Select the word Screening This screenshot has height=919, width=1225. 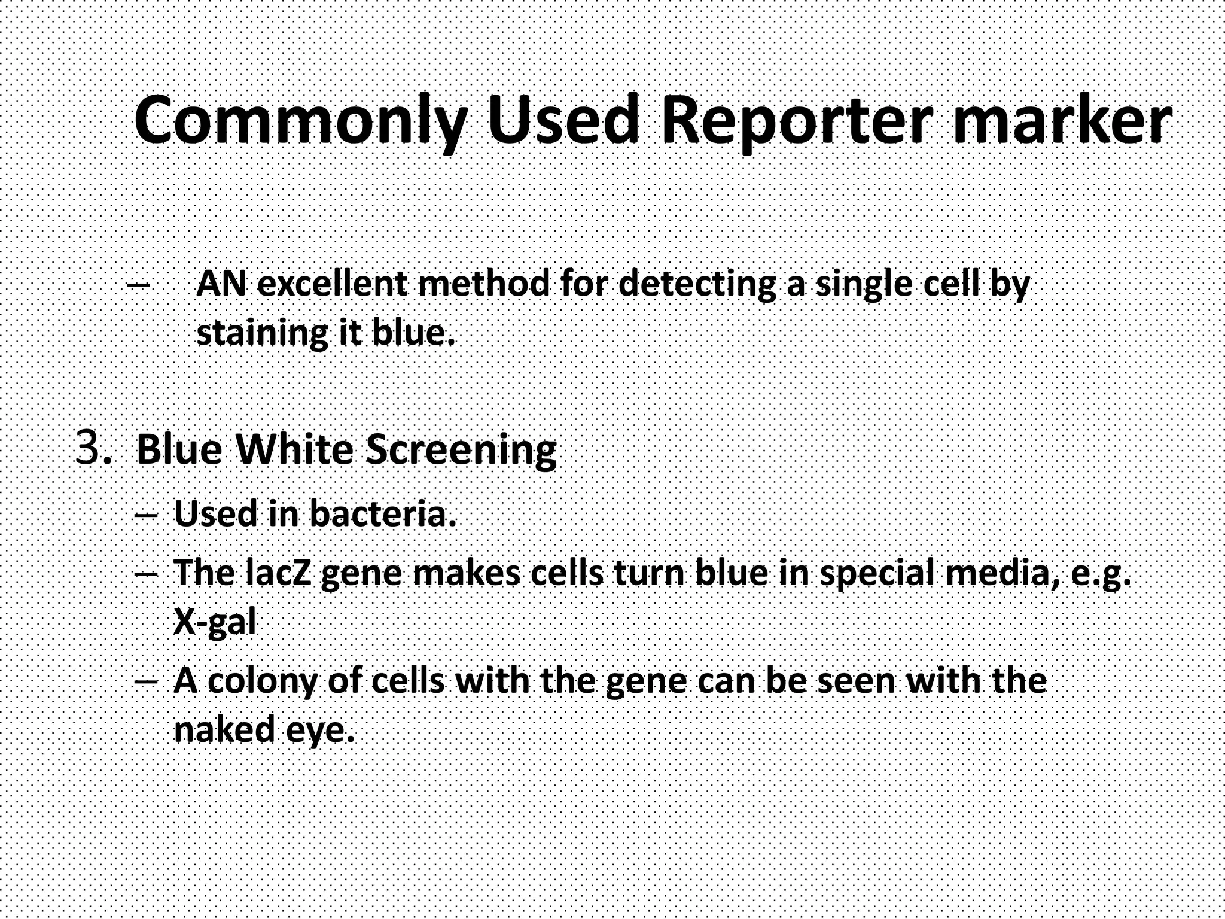coord(461,450)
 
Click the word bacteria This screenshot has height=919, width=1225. coord(383,513)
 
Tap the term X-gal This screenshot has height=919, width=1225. coord(215,623)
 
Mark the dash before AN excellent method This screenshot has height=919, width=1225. coord(139,285)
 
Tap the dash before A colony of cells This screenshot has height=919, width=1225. coord(147,681)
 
